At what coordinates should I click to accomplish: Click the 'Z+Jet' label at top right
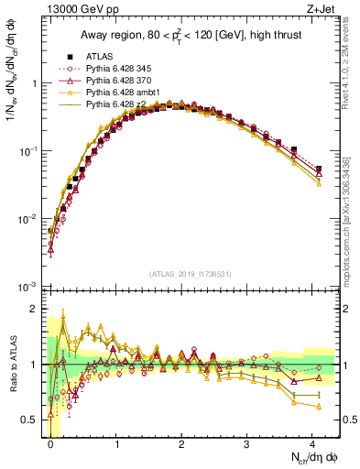(x=323, y=10)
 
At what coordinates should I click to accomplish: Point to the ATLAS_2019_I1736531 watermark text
(x=191, y=274)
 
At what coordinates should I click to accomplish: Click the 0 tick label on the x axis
(x=51, y=444)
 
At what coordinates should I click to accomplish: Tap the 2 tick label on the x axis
(x=182, y=444)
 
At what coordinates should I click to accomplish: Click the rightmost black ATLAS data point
(x=318, y=169)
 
